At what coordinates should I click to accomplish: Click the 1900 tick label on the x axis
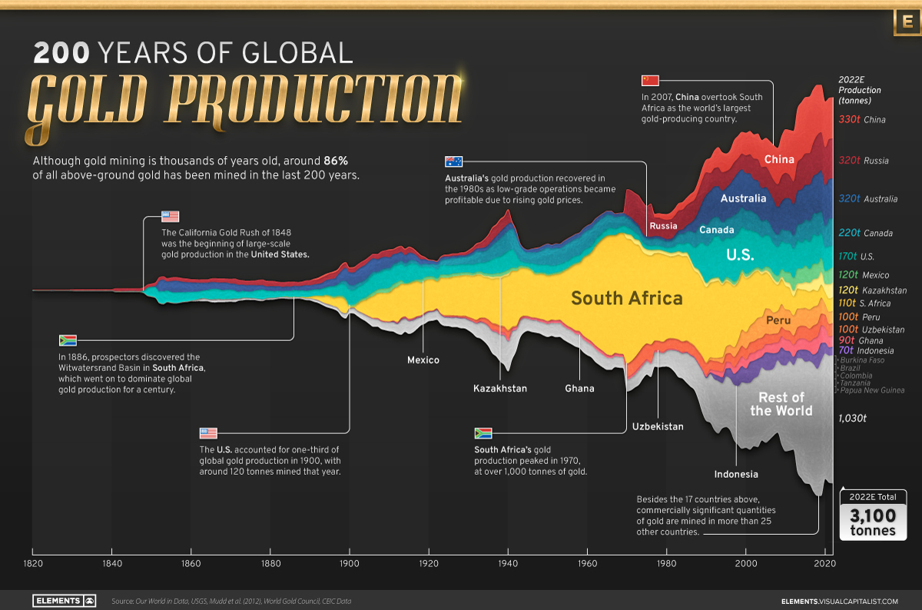[x=350, y=564]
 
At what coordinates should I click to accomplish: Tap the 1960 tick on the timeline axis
[x=588, y=564]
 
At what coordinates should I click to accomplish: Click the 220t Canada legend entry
[x=865, y=233]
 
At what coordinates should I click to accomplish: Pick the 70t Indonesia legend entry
[x=865, y=350]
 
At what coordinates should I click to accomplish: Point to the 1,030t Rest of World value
[x=853, y=419]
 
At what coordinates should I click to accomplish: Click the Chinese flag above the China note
[x=650, y=81]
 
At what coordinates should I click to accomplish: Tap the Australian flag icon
[x=453, y=161]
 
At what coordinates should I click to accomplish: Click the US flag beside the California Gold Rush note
[x=170, y=217]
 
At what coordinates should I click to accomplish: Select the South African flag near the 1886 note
[x=68, y=340]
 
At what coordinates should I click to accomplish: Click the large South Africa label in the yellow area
[x=626, y=298]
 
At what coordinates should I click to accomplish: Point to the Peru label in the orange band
[x=778, y=320]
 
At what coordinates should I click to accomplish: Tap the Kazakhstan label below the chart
[x=500, y=389]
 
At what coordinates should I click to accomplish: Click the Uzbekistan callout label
[x=658, y=426]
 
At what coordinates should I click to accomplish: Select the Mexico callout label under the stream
[x=423, y=360]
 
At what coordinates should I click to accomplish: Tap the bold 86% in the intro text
[x=335, y=161]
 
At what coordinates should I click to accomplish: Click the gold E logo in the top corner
[x=907, y=23]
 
